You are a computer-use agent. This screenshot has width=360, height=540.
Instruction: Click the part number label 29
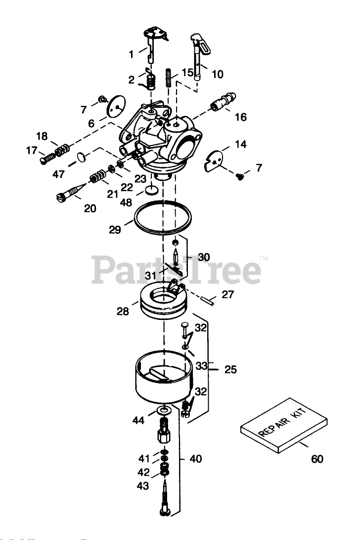pyautogui.click(x=115, y=230)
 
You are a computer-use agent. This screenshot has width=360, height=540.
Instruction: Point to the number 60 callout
pyautogui.click(x=317, y=459)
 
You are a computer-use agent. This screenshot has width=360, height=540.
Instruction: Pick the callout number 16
pyautogui.click(x=240, y=117)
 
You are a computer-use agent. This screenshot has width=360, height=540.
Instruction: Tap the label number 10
pyautogui.click(x=218, y=75)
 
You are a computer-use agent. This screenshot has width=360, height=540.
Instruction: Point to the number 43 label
pyautogui.click(x=143, y=487)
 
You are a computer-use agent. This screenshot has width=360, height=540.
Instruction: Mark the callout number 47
pyautogui.click(x=58, y=174)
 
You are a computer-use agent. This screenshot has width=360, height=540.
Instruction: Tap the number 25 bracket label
pyautogui.click(x=230, y=369)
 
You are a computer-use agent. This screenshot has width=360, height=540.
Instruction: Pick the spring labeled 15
pyautogui.click(x=169, y=78)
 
